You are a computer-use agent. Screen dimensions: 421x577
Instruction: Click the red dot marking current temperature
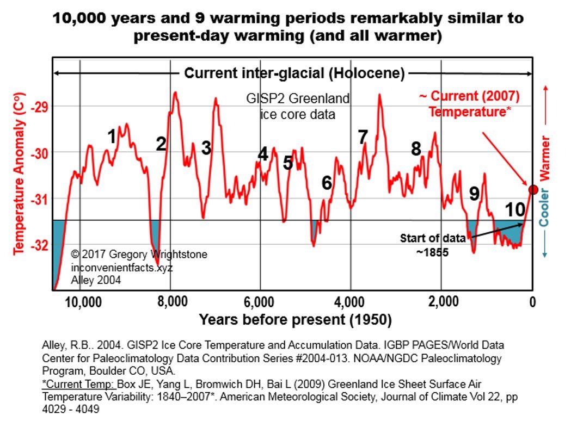pos(533,189)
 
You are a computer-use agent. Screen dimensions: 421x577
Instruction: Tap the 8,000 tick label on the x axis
pos(170,302)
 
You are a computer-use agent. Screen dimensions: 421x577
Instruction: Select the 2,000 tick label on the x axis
pos(441,302)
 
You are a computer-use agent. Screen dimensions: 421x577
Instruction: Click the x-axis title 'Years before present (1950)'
pos(295,320)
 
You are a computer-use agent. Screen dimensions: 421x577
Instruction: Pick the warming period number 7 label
pos(363,137)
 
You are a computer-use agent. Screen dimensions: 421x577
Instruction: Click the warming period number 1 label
pos(112,137)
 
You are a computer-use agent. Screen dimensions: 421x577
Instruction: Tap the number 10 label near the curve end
pos(515,210)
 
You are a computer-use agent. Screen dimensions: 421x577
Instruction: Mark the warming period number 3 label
pos(206,147)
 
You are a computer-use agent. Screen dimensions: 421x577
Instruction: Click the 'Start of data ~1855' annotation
pos(433,245)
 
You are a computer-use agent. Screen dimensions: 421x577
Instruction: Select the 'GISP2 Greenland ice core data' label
pos(297,107)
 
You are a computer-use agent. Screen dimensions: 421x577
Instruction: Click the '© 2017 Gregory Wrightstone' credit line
pos(139,255)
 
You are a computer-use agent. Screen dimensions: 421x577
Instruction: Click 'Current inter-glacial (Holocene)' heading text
pos(294,73)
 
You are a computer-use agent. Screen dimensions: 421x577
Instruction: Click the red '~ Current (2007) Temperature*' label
pos(469,104)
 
